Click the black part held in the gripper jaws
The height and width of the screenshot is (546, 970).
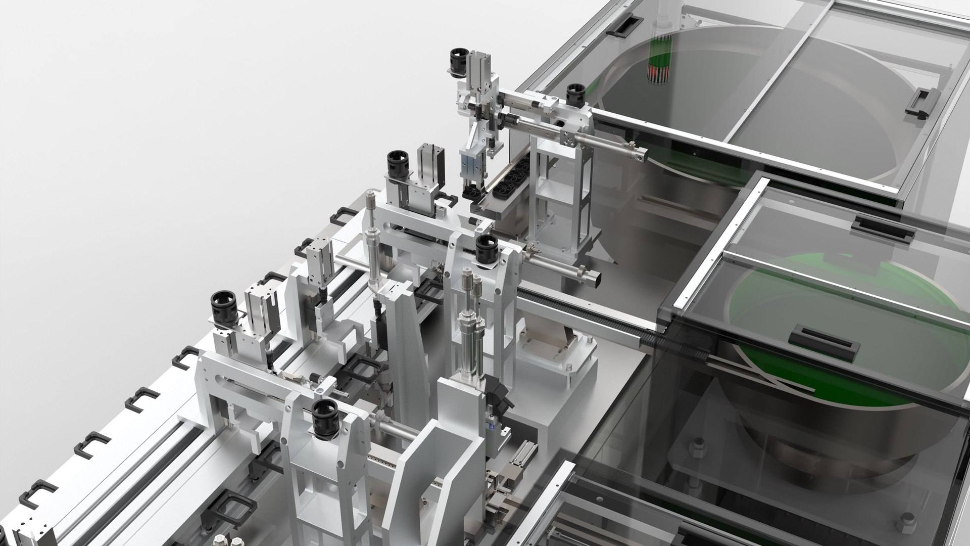tap(472, 192)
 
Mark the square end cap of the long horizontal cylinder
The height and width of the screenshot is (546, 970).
tap(642, 157)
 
